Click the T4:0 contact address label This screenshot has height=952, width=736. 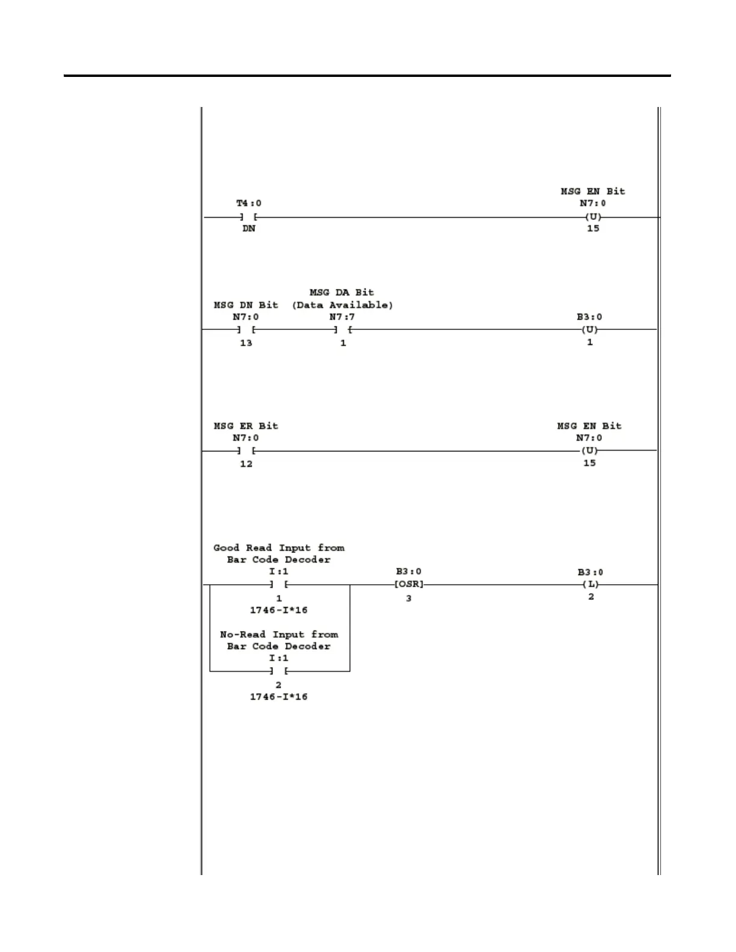coord(248,203)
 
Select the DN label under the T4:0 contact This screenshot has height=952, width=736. coord(248,229)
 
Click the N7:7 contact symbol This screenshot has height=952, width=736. coord(343,329)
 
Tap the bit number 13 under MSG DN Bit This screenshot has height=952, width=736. coord(246,343)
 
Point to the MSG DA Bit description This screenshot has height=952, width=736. coord(342,293)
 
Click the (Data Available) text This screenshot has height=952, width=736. coord(342,305)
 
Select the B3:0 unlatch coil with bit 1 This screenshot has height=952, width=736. coord(589,329)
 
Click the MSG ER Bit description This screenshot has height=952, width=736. coord(246,426)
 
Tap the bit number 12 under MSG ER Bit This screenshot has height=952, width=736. coord(246,464)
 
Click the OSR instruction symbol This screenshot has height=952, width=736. coord(409,584)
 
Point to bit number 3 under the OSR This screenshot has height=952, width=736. coord(409,599)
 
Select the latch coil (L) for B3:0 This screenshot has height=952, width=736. coord(590,584)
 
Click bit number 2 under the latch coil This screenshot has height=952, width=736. coord(591,597)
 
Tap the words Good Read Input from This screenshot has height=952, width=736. coord(279,548)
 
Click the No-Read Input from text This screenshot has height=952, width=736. coord(279,635)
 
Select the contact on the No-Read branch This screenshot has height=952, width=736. coord(279,671)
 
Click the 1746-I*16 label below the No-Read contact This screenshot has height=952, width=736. coord(279,697)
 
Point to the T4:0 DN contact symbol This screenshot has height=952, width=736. coord(248,217)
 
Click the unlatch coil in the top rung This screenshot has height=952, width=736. coord(593,217)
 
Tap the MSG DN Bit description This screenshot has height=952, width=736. coord(246,305)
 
